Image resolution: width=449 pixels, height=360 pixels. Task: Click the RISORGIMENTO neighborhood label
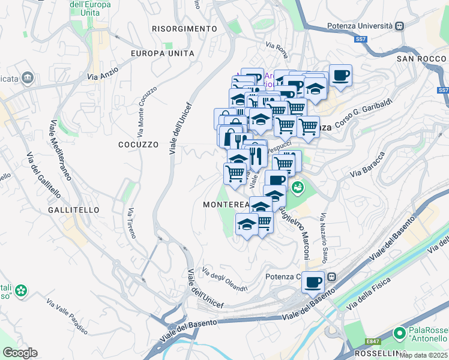coord(184,29)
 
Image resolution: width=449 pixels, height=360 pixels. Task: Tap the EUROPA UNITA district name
coord(163,53)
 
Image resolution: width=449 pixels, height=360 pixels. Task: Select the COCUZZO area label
coord(138,145)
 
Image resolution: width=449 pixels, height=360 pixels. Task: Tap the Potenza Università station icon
coord(399,26)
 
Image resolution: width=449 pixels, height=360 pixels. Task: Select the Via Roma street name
coord(277,46)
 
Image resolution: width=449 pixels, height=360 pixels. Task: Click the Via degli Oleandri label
coord(224,279)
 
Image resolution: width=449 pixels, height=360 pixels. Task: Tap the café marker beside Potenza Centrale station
coord(313,281)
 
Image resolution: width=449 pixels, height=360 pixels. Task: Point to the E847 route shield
coord(373,341)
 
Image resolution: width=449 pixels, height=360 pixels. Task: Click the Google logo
coord(20,353)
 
